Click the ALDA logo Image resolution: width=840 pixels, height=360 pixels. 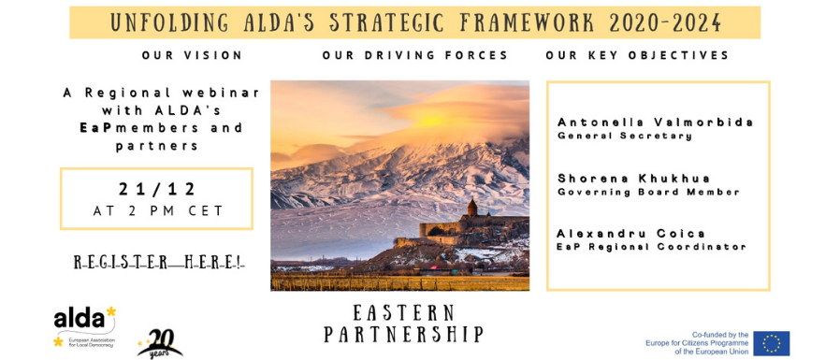pyautogui.click(x=84, y=326)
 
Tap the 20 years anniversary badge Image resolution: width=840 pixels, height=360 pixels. pyautogui.click(x=159, y=343)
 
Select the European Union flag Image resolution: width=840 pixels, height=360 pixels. pyautogui.click(x=772, y=343)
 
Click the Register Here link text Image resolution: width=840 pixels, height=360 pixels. pyautogui.click(x=159, y=263)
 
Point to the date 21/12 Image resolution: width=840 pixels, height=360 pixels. pyautogui.click(x=157, y=189)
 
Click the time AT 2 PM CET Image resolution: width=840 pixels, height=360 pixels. pyautogui.click(x=158, y=211)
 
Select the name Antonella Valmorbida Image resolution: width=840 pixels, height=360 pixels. pyautogui.click(x=655, y=122)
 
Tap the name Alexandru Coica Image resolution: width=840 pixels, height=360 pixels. pyautogui.click(x=630, y=234)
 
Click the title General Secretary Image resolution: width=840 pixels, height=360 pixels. pyautogui.click(x=625, y=137)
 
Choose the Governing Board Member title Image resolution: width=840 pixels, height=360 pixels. pyautogui.click(x=648, y=192)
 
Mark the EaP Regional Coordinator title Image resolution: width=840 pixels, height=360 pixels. pyautogui.click(x=651, y=247)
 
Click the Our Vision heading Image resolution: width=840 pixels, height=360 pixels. pyautogui.click(x=193, y=55)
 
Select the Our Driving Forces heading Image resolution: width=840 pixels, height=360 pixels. pyautogui.click(x=414, y=55)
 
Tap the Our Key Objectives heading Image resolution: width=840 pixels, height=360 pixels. pyautogui.click(x=637, y=55)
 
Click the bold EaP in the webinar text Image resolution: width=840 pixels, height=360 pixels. pyautogui.click(x=91, y=128)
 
